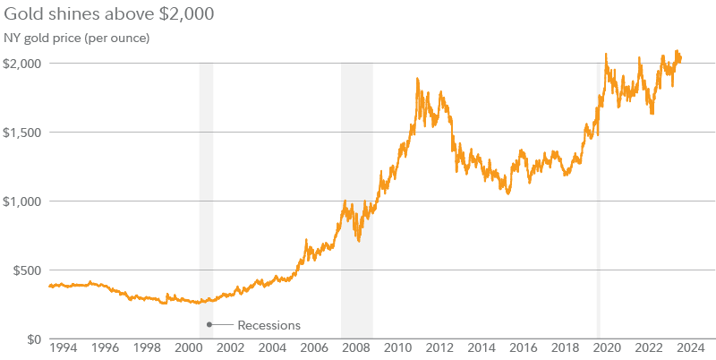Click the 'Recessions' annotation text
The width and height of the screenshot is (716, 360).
coord(268,325)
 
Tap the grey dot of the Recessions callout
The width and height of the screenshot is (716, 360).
coord(209,324)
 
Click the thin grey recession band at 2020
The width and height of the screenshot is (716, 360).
coord(598,224)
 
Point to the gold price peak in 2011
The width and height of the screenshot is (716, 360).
coord(418,80)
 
